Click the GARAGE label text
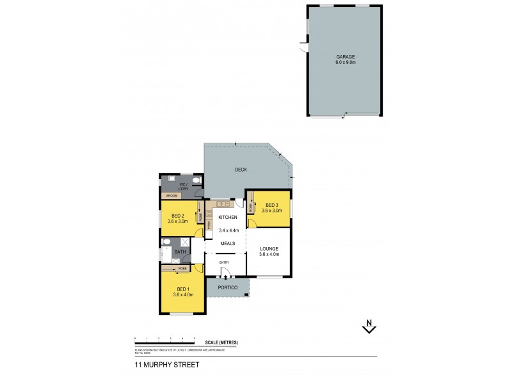[345, 57]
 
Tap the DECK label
[241, 170]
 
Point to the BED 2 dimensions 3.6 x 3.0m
[177, 221]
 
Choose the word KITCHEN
[228, 218]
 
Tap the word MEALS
[228, 243]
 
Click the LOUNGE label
[269, 248]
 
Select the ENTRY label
[224, 262]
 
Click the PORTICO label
[228, 288]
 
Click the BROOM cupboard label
[172, 196]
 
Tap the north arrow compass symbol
[369, 326]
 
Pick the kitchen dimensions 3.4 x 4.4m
[228, 230]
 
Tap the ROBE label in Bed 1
[182, 269]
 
